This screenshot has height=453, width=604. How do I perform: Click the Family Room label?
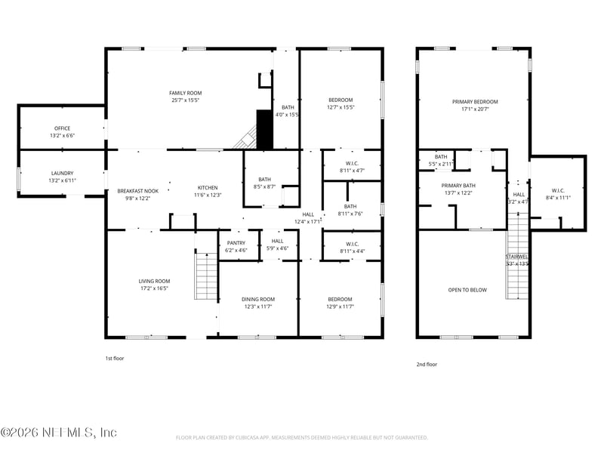(186, 93)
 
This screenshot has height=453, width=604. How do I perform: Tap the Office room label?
(62, 128)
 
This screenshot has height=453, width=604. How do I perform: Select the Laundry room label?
(62, 173)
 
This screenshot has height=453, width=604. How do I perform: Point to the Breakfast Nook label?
(137, 191)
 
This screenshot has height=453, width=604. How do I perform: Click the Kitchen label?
(208, 187)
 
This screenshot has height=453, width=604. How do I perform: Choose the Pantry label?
(236, 242)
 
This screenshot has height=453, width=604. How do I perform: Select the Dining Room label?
(257, 299)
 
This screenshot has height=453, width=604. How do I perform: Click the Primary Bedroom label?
(475, 101)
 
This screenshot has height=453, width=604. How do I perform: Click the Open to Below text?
(467, 289)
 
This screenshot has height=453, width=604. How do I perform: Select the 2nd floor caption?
(427, 364)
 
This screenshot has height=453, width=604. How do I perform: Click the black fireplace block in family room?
(263, 129)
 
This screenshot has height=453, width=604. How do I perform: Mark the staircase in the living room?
(206, 276)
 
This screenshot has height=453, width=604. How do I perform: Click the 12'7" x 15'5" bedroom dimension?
(341, 107)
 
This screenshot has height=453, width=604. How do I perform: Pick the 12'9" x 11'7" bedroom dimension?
(340, 307)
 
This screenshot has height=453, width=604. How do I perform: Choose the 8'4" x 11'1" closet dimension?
(558, 198)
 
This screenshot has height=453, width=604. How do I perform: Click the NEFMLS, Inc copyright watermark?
(59, 433)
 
